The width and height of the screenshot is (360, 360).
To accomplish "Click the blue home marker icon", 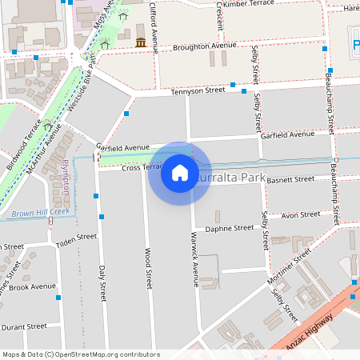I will tap(179, 172).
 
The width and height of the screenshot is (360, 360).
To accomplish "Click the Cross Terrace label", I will tap(120, 168).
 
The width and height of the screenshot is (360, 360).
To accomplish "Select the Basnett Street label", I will tap(290, 179).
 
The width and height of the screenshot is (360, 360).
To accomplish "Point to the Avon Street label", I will tap(301, 214).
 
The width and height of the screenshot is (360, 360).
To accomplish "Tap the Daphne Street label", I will tap(230, 229).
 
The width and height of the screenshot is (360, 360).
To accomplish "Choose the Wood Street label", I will tap(148, 267).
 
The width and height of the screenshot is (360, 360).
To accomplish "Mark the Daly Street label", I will tap(102, 282).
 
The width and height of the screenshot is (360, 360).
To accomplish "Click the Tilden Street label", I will tap(76, 238).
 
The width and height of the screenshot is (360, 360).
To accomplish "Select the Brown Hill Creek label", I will tap(41, 213).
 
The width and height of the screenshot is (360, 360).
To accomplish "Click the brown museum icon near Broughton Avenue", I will tap(141, 42).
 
